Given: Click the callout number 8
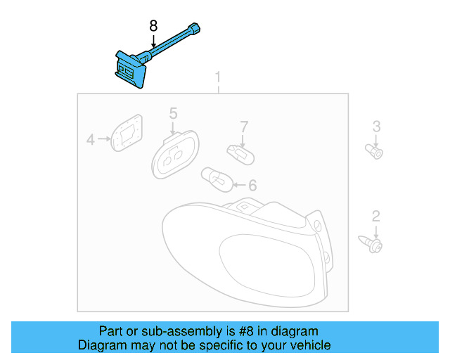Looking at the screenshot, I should [x=153, y=26].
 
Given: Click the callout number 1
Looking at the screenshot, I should [x=218, y=76].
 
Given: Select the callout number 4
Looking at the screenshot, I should [x=90, y=140].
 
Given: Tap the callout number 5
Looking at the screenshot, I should [x=173, y=113].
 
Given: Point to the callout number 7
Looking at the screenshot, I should [x=244, y=127].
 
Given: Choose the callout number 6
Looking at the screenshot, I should [x=252, y=186].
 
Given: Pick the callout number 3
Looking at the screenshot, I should [x=376, y=127].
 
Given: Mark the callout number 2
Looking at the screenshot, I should [x=376, y=216].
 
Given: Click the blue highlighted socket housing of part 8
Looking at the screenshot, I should [x=131, y=70].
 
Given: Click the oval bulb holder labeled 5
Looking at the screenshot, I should [x=175, y=154].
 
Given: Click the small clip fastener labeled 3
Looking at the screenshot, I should [x=377, y=151].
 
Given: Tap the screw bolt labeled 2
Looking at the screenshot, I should [x=374, y=244].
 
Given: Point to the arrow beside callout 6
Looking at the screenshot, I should [x=238, y=186].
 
